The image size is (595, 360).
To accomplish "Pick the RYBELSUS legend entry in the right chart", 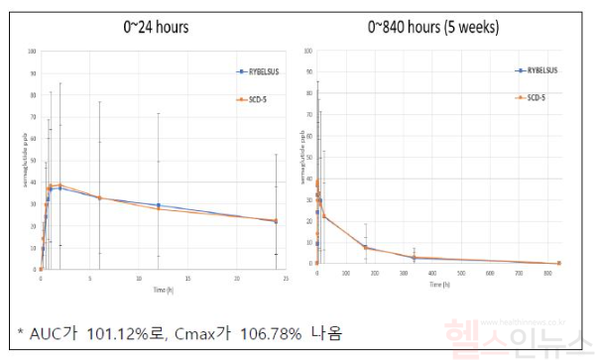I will tap(540, 70).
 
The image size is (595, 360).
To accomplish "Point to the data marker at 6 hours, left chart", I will tap(99, 197).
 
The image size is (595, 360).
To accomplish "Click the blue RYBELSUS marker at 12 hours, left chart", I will tap(158, 204).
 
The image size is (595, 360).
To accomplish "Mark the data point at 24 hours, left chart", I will tap(276, 221).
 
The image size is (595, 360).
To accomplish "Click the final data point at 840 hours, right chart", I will tap(559, 263).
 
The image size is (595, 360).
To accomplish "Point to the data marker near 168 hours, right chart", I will tap(365, 247).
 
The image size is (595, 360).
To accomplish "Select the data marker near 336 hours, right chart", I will tap(414, 258).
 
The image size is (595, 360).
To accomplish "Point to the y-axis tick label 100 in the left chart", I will tap(33, 51).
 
